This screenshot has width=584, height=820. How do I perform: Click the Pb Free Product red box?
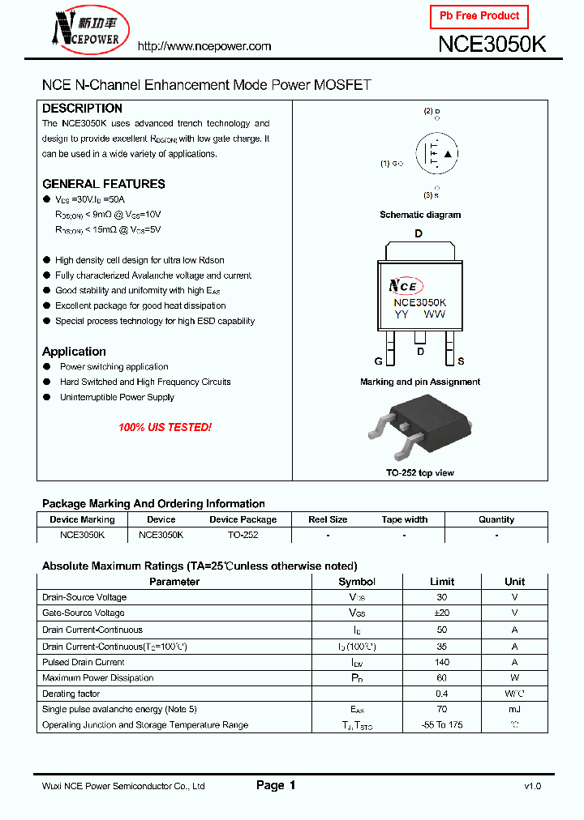[x=479, y=16]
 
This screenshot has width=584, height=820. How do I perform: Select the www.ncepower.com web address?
[x=204, y=46]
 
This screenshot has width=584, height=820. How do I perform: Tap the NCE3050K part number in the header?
[x=492, y=45]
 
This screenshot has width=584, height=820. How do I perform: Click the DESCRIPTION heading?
[x=82, y=109]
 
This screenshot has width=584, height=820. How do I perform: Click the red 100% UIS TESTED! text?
[x=165, y=427]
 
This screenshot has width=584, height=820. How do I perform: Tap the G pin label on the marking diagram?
[x=379, y=361]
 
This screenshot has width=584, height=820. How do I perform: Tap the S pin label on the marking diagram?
[x=461, y=361]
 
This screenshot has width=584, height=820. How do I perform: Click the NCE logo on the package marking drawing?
[x=404, y=286]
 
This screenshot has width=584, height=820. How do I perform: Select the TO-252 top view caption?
[x=419, y=472]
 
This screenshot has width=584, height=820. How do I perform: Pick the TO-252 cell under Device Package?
[x=243, y=535]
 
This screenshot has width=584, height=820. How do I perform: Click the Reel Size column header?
[x=328, y=519]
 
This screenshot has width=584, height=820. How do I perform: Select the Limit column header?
[x=442, y=582]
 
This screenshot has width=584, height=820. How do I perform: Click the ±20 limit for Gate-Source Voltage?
[x=442, y=613]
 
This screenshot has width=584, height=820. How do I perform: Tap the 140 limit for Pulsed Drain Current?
[x=442, y=662]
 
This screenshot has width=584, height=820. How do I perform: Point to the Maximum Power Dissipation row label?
[x=97, y=678]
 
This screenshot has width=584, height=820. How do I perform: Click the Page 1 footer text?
[x=276, y=785]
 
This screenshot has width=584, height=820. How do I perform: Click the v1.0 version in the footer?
[x=532, y=786]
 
